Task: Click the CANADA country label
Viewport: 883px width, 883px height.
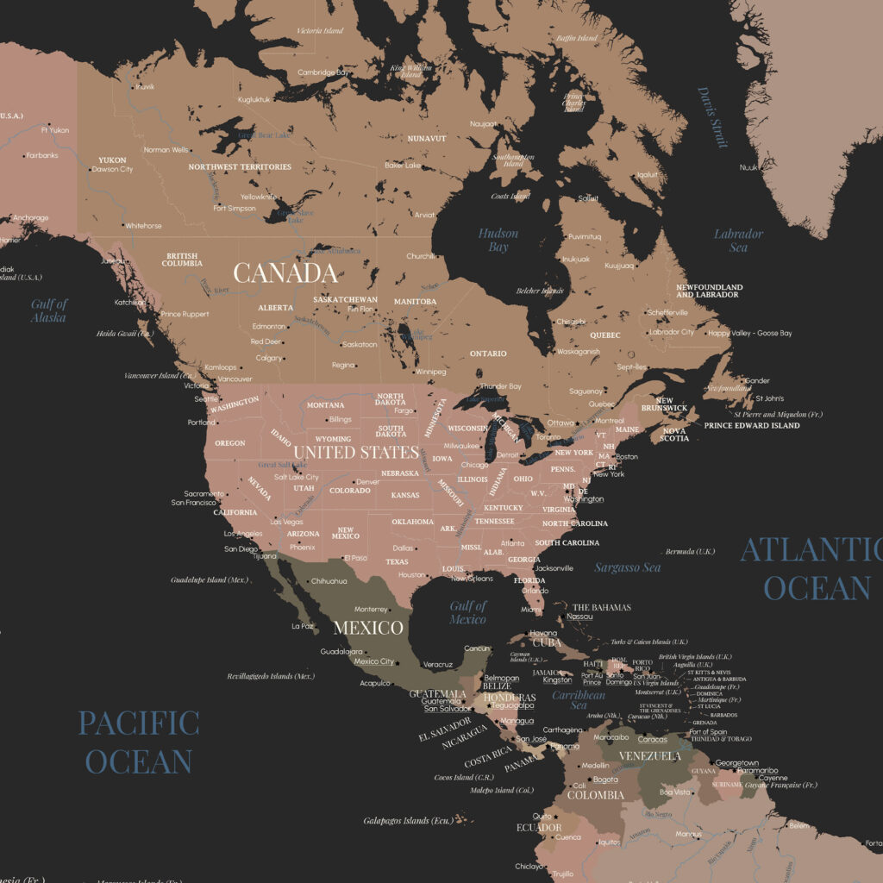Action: pos(285,273)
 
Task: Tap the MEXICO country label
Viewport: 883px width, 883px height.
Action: pos(368,627)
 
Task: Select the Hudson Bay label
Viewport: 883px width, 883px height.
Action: pos(498,241)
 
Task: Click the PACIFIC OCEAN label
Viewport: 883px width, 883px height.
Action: pos(139,742)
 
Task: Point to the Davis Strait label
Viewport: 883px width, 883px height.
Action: pos(712,117)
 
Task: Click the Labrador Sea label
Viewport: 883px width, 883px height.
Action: pos(738,241)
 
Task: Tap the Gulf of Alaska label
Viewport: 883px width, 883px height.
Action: pos(49,310)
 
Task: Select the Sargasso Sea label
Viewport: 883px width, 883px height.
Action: pos(628,567)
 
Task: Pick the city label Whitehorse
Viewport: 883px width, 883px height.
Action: pos(143,226)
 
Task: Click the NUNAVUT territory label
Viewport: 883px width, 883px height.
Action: pos(427,138)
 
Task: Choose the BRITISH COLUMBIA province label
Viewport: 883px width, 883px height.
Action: pos(182,260)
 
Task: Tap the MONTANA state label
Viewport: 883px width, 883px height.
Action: pos(326,405)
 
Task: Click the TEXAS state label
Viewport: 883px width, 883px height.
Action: pos(397,562)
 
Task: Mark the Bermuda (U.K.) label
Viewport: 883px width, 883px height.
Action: pos(690,552)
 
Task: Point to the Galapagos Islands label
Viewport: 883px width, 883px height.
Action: pos(408,821)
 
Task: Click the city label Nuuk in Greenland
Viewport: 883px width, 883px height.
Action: pos(748,167)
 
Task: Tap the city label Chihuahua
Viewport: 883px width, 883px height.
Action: pos(329,581)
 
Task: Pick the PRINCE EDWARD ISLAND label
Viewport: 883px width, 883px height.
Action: pos(751,425)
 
